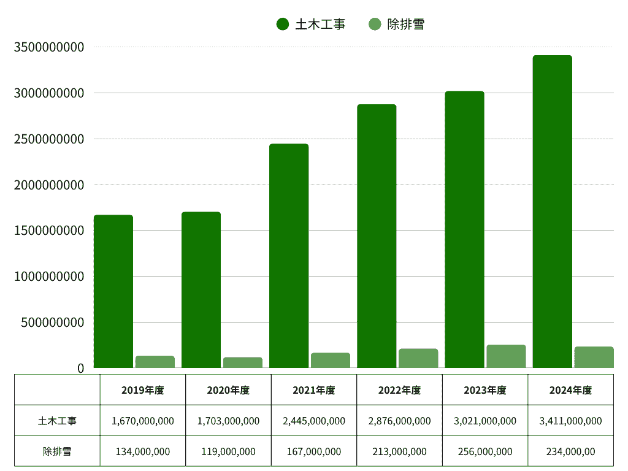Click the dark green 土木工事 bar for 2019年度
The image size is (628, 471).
click(x=113, y=291)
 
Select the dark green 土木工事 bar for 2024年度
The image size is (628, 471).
click(x=552, y=212)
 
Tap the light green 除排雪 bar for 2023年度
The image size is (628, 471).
click(x=506, y=356)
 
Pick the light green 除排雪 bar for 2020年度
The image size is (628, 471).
click(x=243, y=362)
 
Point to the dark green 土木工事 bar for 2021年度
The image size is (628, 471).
click(x=289, y=256)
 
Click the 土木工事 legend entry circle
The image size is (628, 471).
click(x=283, y=25)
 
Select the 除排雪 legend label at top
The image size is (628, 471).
click(x=406, y=25)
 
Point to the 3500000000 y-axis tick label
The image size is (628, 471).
click(x=49, y=47)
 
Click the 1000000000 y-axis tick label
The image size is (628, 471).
click(x=49, y=277)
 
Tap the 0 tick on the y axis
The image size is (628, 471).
click(x=80, y=368)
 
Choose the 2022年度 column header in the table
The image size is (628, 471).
click(x=399, y=390)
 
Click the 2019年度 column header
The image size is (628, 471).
click(x=142, y=390)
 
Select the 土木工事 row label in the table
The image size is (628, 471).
click(x=57, y=421)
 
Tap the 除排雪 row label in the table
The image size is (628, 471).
click(x=57, y=451)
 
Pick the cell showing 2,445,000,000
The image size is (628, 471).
click(x=314, y=421)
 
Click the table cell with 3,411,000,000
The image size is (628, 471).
click(x=570, y=421)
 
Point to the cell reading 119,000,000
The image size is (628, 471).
click(x=228, y=451)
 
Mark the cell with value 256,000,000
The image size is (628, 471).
click(x=485, y=451)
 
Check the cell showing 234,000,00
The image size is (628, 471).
click(x=570, y=451)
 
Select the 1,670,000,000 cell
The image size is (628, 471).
click(x=143, y=421)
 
